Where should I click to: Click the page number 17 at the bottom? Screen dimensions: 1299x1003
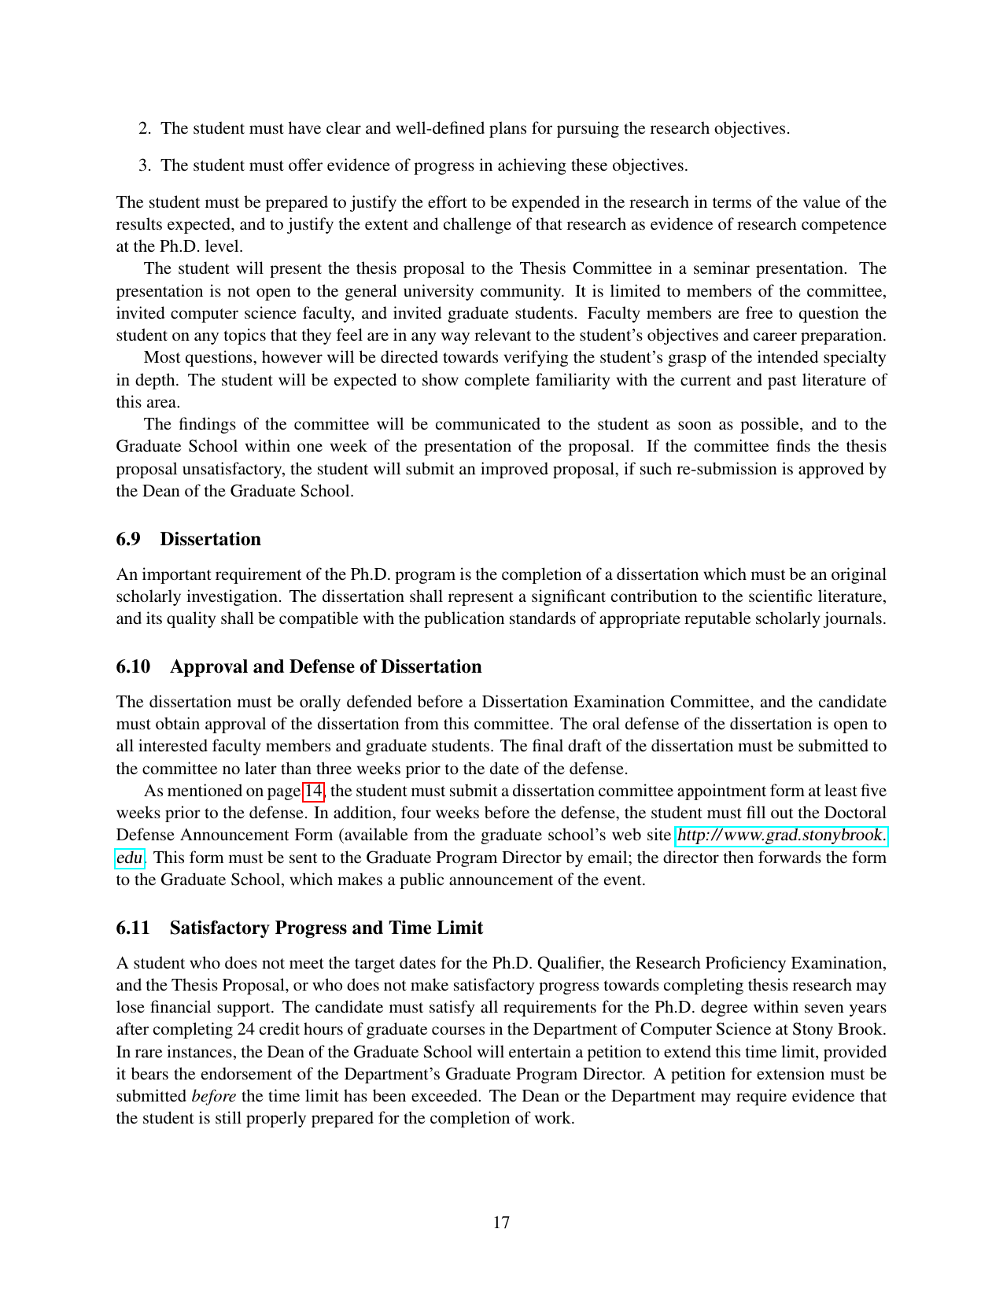coord(501,1223)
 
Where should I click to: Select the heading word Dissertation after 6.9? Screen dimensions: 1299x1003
coord(210,539)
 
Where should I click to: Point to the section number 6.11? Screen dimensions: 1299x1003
coord(133,928)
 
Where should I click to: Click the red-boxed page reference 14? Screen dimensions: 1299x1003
coord(313,791)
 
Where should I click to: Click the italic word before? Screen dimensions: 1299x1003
coord(213,1096)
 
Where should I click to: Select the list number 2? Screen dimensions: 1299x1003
coord(145,128)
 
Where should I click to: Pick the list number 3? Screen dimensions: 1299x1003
coord(145,165)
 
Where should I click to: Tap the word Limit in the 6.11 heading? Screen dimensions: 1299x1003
coord(460,928)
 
